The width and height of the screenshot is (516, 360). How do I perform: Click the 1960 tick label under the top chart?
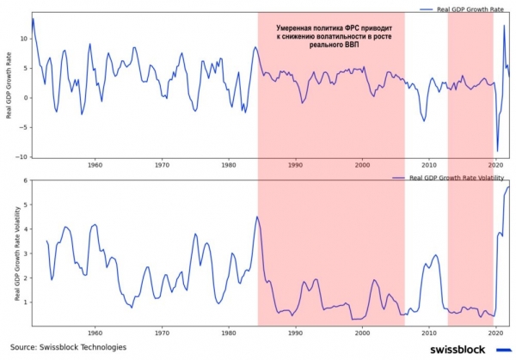(95, 165)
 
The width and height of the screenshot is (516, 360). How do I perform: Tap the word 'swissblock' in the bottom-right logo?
(456, 349)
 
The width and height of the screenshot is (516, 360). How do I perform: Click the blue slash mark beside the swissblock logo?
(503, 349)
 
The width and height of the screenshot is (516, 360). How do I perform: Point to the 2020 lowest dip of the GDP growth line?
(497, 151)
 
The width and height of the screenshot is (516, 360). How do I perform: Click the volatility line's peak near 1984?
(257, 217)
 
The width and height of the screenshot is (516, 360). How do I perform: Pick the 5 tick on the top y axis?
(26, 68)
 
